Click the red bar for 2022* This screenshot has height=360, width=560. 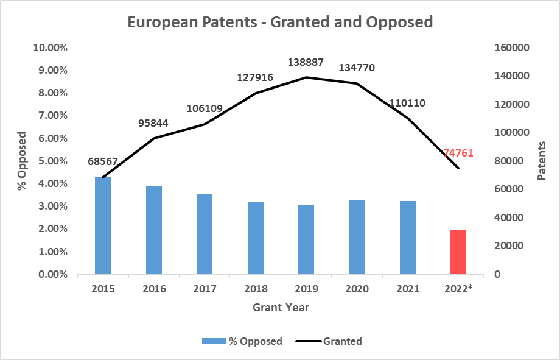point(458,252)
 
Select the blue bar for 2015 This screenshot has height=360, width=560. point(103,225)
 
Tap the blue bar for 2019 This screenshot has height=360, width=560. point(306,239)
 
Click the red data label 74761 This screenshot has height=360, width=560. point(458,153)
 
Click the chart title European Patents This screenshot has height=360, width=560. point(280,23)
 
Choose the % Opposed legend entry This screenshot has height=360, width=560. point(242,341)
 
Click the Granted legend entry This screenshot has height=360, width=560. point(329,341)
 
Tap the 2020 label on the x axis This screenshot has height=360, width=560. point(356,289)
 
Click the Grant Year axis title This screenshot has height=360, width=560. point(281,308)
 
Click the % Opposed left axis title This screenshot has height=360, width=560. point(22,161)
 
